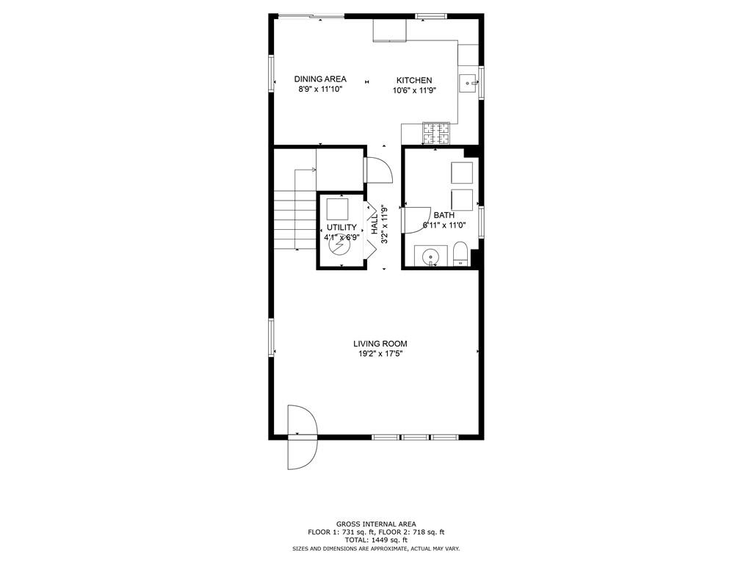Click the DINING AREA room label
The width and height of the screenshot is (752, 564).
pos(320,79)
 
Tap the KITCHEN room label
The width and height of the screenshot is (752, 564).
pos(414,81)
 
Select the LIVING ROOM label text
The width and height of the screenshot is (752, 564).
pos(380,344)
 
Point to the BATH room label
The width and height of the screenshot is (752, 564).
pos(444,215)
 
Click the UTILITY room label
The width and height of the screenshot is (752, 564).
pos(341,228)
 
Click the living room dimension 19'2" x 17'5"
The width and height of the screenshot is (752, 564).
pos(380,354)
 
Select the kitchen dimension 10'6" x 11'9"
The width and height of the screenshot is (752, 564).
pos(414,90)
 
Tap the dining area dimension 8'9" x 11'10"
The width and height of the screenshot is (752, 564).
pos(320,89)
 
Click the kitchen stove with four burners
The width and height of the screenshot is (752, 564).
pos(436,134)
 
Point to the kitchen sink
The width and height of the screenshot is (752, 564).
pos(468,84)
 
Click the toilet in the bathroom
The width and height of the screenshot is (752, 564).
pos(460,254)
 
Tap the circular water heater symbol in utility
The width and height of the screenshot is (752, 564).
pos(339,247)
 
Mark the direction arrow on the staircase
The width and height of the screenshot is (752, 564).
pos(305,170)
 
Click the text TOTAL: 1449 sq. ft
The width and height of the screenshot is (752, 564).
pos(376,540)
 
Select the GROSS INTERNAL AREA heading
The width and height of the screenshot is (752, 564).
pos(376,524)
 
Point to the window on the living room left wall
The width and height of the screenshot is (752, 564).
pos(271,338)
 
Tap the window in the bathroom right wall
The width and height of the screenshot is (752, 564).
pos(481,222)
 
